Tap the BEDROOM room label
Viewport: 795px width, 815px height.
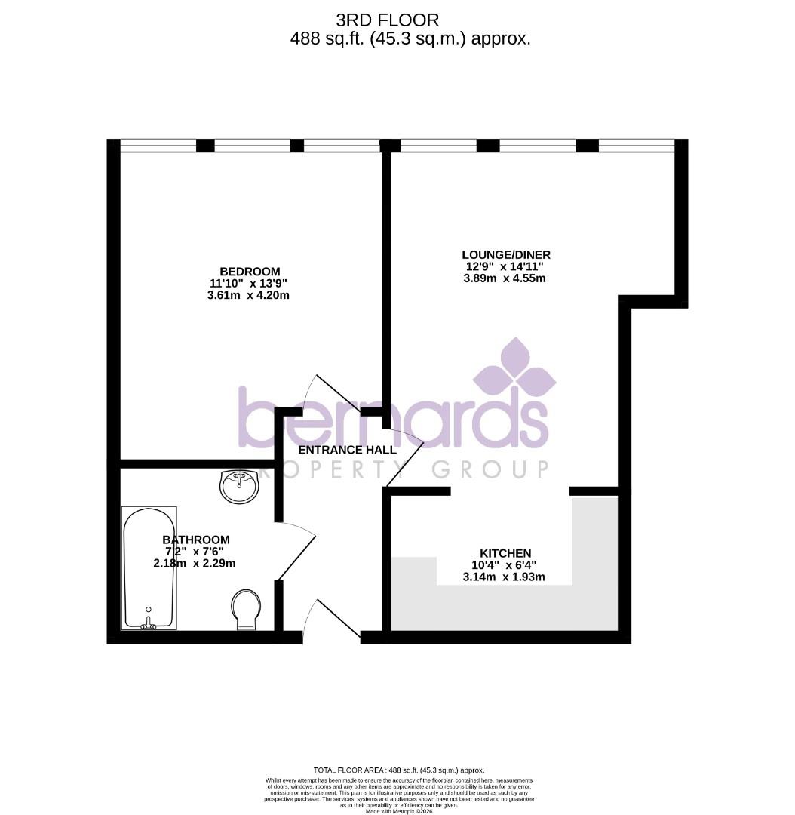pyautogui.click(x=250, y=272)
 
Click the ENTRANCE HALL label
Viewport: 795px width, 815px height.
pyautogui.click(x=347, y=450)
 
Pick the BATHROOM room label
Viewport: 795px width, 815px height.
pyautogui.click(x=196, y=540)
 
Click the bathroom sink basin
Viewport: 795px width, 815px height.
pyautogui.click(x=239, y=487)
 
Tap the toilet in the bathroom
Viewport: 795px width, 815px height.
pyautogui.click(x=245, y=608)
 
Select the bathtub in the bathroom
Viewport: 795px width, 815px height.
pyautogui.click(x=149, y=567)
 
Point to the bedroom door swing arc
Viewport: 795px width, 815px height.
pyautogui.click(x=321, y=391)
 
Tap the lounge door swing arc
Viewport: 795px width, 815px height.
pyautogui.click(x=406, y=460)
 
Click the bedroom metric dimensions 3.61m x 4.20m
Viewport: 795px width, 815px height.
pyautogui.click(x=248, y=296)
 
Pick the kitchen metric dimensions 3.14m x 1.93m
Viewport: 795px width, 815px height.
pyautogui.click(x=504, y=578)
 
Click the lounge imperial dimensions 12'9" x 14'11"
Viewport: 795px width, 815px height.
pyautogui.click(x=504, y=266)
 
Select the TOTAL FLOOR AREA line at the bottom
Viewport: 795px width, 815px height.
pyautogui.click(x=398, y=769)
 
